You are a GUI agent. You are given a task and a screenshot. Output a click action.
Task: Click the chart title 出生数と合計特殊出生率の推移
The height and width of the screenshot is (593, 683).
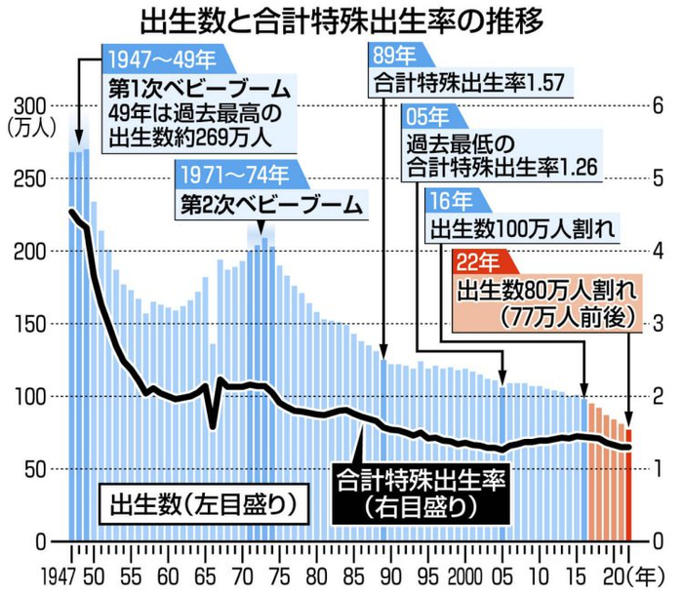point(341,19)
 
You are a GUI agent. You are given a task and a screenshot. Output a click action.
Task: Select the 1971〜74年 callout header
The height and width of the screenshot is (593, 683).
point(233,177)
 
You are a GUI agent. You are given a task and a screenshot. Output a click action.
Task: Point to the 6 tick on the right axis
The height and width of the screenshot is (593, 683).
point(658,105)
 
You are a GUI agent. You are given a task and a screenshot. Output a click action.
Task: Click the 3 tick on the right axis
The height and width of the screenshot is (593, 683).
point(658,323)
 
